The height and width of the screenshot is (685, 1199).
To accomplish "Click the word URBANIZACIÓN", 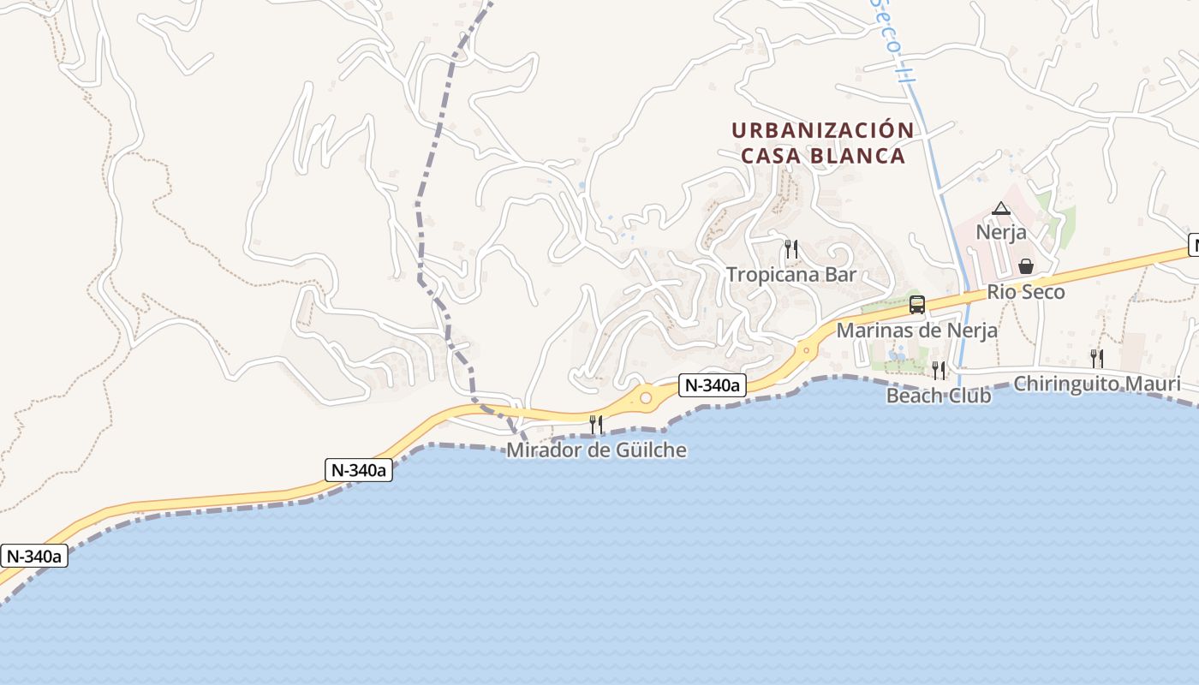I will pos(822,131).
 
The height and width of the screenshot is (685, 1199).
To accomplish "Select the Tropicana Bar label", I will pos(791,275).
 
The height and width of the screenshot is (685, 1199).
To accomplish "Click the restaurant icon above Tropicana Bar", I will pos(791,249).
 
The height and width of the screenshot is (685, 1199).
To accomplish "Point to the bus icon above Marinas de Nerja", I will pos(916,305).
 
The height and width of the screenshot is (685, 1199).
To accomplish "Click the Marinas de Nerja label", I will pos(916,331).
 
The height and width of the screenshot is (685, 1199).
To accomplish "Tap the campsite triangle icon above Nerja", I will pos(1000,208).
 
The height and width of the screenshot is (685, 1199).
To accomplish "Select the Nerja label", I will pos(1001,232).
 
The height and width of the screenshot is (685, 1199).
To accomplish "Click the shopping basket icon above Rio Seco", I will pos(1026,266).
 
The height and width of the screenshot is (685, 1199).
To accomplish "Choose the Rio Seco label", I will pos(1026,292).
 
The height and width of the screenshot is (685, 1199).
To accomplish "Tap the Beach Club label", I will pos(939,396).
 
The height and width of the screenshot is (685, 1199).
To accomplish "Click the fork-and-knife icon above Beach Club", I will pos(939,370).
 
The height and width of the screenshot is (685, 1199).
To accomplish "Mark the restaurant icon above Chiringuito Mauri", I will pos(1096,358).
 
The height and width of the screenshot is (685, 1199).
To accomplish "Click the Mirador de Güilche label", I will pos(596,450).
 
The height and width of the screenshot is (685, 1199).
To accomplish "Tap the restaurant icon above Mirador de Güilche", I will pos(596,424).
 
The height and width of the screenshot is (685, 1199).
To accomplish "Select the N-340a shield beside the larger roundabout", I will pos(712,386).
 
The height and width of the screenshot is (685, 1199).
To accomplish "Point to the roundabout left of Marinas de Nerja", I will pos(805,349).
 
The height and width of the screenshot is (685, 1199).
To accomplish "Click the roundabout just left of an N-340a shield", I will pos(646,397).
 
